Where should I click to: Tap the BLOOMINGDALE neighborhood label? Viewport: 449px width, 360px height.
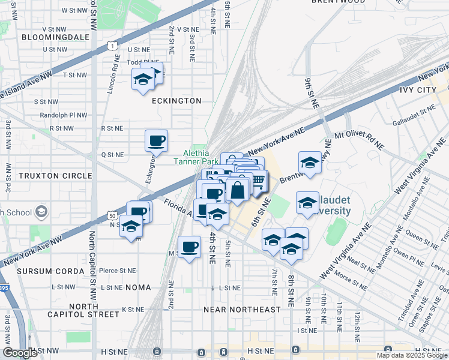tap(55, 37)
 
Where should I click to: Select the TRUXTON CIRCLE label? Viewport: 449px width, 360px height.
tap(47, 176)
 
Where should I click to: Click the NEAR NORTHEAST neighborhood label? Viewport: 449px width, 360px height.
tap(242, 310)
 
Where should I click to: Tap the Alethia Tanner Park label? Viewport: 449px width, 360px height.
tap(196, 157)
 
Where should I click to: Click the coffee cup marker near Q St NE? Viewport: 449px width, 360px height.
tap(156, 140)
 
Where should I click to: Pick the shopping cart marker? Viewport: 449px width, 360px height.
tap(258, 180)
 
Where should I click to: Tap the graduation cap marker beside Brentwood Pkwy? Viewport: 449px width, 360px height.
tap(309, 162)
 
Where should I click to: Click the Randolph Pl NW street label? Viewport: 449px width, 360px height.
tap(63, 115)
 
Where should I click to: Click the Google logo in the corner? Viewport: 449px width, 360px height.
tap(20, 352)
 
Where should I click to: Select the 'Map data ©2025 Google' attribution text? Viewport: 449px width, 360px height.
tap(411, 355)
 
